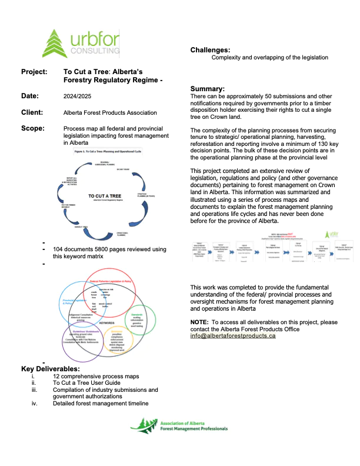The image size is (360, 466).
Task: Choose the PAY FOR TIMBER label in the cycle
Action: click(69, 206)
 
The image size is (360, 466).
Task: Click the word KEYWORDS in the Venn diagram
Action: click(107, 322)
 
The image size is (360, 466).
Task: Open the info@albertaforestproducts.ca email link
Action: click(233, 335)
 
